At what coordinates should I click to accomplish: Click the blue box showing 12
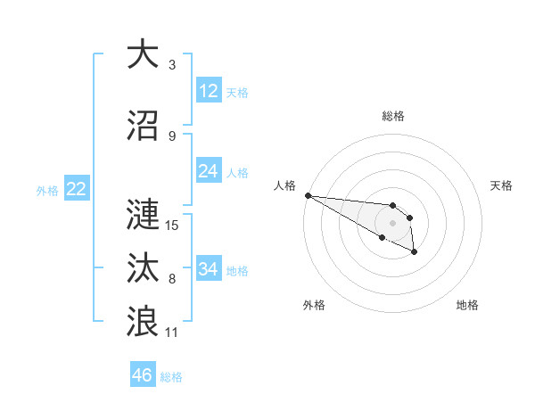coord(209,91)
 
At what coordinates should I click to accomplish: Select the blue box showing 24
coord(209,171)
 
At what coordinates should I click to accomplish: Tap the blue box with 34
coord(209,269)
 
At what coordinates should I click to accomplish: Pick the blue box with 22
coord(76,189)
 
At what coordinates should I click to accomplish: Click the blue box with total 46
coord(143,375)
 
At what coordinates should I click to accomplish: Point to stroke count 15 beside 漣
coord(173,225)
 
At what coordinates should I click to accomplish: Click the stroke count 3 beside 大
coord(172,64)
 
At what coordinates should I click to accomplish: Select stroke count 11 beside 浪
coord(173,332)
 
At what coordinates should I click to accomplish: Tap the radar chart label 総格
coord(393,116)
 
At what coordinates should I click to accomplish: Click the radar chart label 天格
coord(501,185)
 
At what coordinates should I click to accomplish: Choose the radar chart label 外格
coord(314,306)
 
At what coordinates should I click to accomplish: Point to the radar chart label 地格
coord(467,306)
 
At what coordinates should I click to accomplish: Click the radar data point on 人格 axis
coord(308,195)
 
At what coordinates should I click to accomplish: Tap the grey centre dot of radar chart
coord(392,223)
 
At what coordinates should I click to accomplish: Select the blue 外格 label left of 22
coord(47,190)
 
